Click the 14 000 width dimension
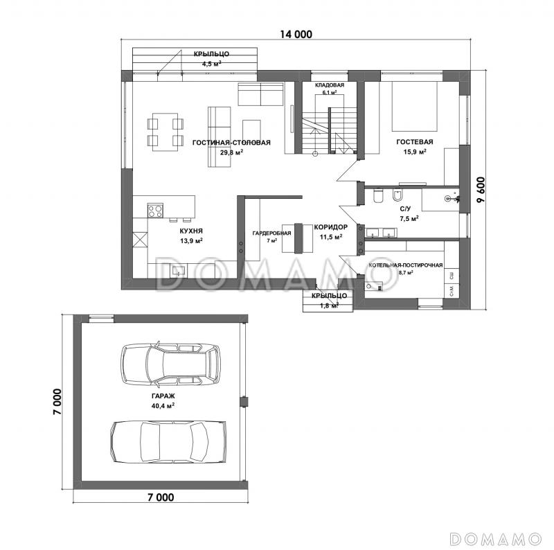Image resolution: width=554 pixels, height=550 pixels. pyautogui.click(x=296, y=34)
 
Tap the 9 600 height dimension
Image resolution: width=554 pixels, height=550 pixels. pyautogui.click(x=481, y=190)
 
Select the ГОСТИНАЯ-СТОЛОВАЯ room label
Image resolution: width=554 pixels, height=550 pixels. pyautogui.click(x=231, y=143)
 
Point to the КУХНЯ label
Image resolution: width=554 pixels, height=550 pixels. pyautogui.click(x=191, y=231)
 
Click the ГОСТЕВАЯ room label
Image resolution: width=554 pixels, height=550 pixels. pyautogui.click(x=414, y=142)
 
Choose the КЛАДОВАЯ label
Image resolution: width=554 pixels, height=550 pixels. pyautogui.click(x=330, y=85)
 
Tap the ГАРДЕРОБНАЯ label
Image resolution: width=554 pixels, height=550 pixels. pyautogui.click(x=271, y=233)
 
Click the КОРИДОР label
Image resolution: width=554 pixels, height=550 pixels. pyautogui.click(x=331, y=227)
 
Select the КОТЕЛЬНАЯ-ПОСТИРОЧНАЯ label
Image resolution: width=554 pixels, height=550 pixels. pyautogui.click(x=406, y=265)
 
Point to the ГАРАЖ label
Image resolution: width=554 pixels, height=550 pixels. pyautogui.click(x=163, y=396)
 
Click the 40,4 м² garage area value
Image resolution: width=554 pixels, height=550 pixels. pyautogui.click(x=163, y=406)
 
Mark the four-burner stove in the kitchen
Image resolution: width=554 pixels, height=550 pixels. pyautogui.click(x=155, y=211)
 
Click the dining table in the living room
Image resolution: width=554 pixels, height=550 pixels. pyautogui.click(x=165, y=132)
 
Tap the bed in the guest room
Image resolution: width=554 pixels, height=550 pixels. pyautogui.click(x=414, y=106)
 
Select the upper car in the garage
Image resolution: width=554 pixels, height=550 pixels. pyautogui.click(x=170, y=364)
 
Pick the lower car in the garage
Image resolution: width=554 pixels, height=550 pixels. pyautogui.click(x=168, y=442)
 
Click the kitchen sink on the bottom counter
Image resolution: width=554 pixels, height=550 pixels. pyautogui.click(x=179, y=271)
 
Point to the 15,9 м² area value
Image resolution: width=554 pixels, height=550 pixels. pyautogui.click(x=414, y=152)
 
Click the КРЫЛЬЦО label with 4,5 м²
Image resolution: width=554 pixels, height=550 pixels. pyautogui.click(x=211, y=54)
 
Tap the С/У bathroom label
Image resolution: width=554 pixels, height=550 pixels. pyautogui.click(x=405, y=209)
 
